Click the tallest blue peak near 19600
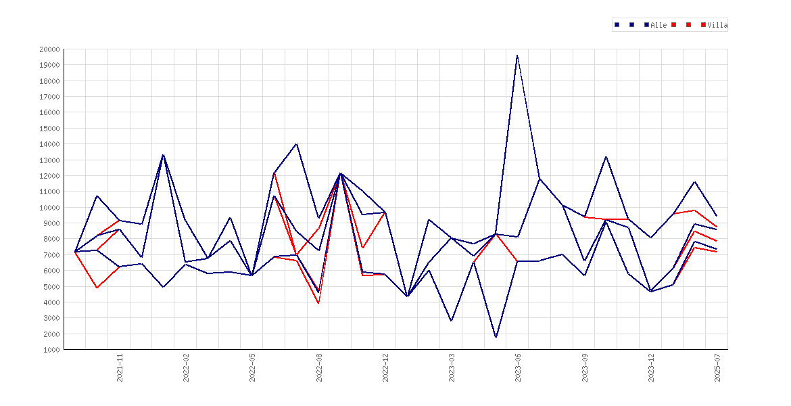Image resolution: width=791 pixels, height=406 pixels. point(517,55)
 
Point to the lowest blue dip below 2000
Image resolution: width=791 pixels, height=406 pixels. point(496,337)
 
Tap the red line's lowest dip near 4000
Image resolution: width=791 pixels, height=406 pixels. point(318,303)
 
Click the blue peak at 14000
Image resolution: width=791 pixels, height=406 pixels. point(296,144)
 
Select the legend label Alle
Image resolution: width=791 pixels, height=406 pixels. point(659,25)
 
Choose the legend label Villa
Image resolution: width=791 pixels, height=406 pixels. point(717,25)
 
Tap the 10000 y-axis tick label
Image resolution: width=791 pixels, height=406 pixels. point(49,208)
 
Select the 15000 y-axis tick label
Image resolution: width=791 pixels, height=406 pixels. point(49,129)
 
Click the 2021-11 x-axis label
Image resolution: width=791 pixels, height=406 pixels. point(120,367)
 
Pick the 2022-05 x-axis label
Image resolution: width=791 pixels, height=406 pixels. point(253,367)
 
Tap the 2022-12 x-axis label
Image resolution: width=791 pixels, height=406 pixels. point(386,367)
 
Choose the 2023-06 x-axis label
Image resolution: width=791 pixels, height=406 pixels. point(518,367)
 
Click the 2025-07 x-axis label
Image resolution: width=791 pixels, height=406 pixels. point(717,367)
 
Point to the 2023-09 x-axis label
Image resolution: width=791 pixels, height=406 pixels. point(585,367)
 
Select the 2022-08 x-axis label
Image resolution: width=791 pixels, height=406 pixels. point(319,367)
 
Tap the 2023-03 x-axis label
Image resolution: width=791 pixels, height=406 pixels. point(452,367)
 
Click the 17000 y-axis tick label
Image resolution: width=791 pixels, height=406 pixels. point(49,97)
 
